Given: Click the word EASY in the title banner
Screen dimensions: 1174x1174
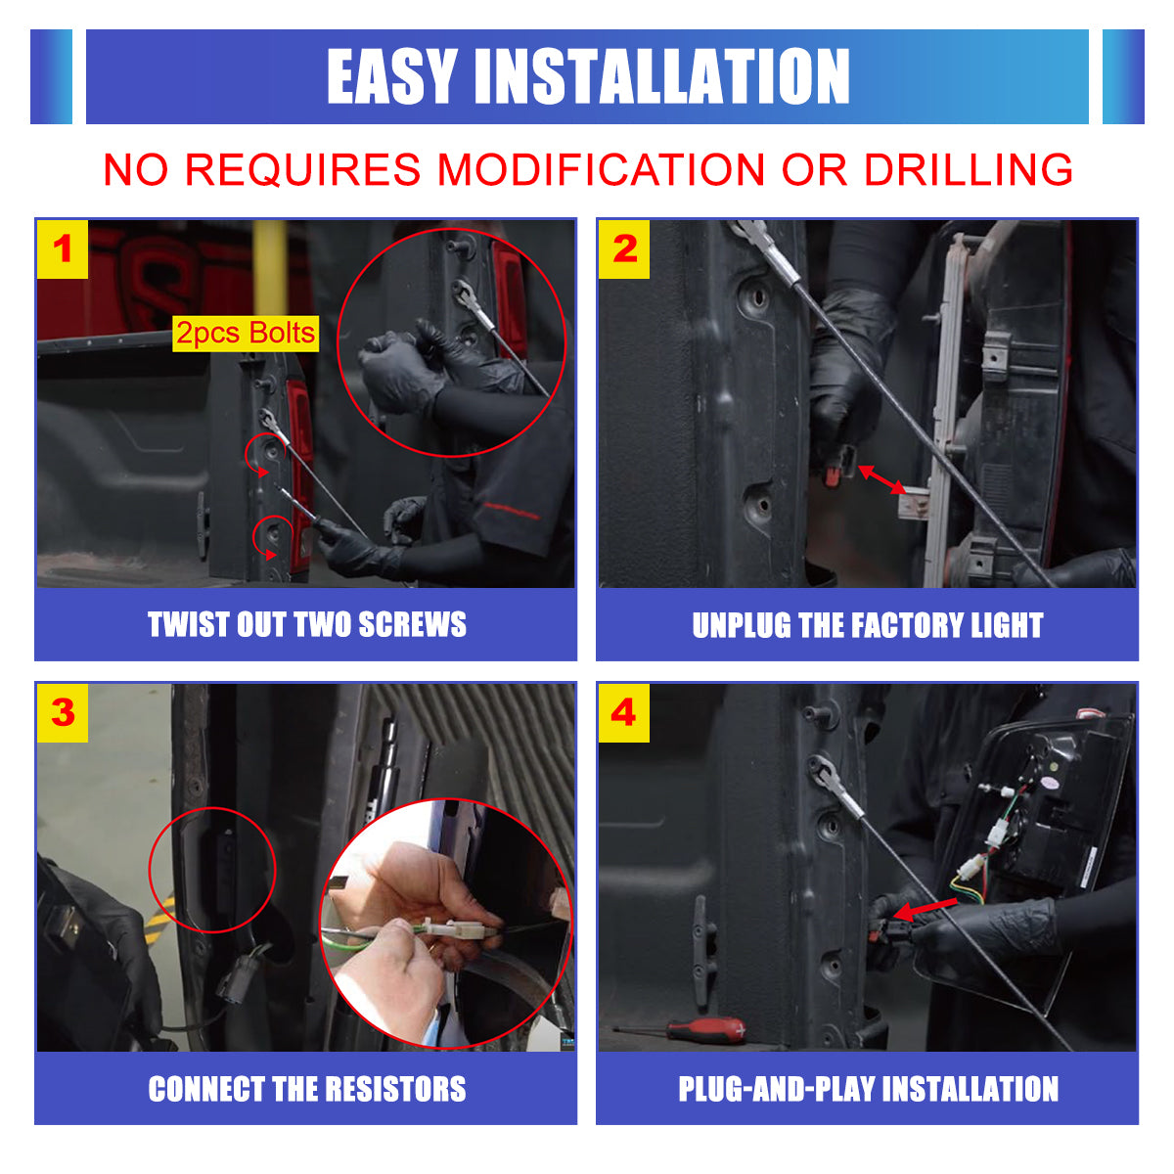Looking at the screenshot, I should [391, 77].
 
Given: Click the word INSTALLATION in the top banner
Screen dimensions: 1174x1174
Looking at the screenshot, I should [662, 77].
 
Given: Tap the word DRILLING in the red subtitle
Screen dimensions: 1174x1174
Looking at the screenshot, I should [968, 169].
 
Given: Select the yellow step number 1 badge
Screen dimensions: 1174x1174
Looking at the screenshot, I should [63, 248].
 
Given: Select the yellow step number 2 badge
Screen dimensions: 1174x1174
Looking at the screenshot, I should [624, 248].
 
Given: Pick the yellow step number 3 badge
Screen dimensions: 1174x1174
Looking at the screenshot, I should [63, 712].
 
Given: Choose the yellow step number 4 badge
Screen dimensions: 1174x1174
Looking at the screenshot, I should [624, 712].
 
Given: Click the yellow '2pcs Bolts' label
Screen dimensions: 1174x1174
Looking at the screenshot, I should [246, 334].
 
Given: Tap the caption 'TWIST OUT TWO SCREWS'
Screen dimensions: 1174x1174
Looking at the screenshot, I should [306, 624].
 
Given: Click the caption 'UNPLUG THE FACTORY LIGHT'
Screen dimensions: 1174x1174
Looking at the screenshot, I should [867, 625].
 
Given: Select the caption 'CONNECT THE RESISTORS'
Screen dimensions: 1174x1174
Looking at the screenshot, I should [306, 1089].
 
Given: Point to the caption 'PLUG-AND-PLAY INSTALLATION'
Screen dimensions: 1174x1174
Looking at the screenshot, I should [868, 1089].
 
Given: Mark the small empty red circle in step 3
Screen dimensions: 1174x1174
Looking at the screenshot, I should [212, 869].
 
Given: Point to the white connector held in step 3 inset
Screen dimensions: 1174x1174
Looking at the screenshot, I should [461, 929].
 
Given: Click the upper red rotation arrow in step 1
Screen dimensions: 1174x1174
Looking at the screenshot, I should [261, 455].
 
